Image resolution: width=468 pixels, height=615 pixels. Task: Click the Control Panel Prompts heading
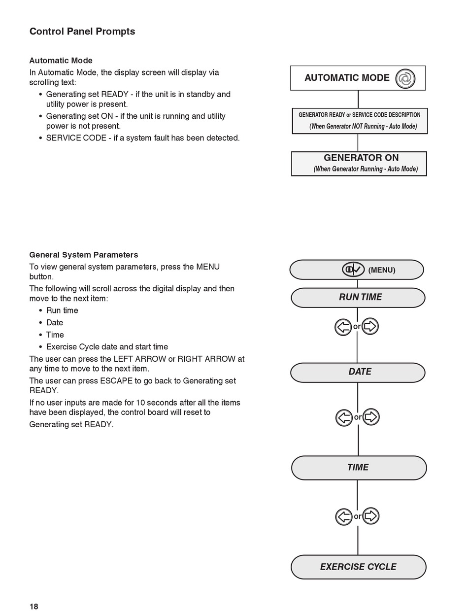pyautogui.click(x=82, y=32)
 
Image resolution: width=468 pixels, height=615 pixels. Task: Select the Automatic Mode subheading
pyautogui.click(x=61, y=61)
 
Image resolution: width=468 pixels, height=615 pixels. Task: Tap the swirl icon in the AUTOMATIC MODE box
pyautogui.click(x=405, y=78)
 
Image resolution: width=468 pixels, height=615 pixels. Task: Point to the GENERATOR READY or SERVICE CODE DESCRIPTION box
pyautogui.click(x=360, y=121)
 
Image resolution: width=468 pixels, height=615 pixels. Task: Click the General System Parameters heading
pyautogui.click(x=84, y=255)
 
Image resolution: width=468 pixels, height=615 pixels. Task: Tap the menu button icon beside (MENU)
pyautogui.click(x=353, y=270)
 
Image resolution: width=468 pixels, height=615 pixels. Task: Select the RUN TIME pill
pyautogui.click(x=358, y=298)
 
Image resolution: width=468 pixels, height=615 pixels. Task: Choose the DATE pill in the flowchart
pyautogui.click(x=358, y=373)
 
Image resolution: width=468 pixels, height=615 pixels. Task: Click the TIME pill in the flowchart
pyautogui.click(x=359, y=468)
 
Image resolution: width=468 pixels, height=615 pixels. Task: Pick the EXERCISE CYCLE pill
pyautogui.click(x=359, y=567)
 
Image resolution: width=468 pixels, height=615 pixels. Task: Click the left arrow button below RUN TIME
pyautogui.click(x=343, y=327)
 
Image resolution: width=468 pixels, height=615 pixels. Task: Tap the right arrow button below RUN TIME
pyautogui.click(x=370, y=326)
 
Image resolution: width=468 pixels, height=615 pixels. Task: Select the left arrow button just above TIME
pyautogui.click(x=344, y=417)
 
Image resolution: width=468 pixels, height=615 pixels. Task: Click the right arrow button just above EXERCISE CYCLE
pyautogui.click(x=371, y=516)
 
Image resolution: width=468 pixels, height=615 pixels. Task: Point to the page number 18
pyautogui.click(x=33, y=607)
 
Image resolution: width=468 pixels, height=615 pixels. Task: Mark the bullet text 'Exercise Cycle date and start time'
pyautogui.click(x=107, y=347)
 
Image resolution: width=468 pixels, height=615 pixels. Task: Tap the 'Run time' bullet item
pyautogui.click(x=62, y=310)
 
